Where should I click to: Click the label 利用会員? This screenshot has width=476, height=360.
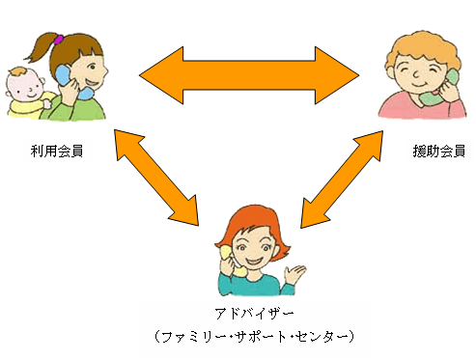point(55,151)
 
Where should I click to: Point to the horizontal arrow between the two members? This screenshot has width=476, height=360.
point(248,72)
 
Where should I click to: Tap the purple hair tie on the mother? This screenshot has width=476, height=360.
point(58,40)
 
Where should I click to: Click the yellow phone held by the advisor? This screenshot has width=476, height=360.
point(227,253)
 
